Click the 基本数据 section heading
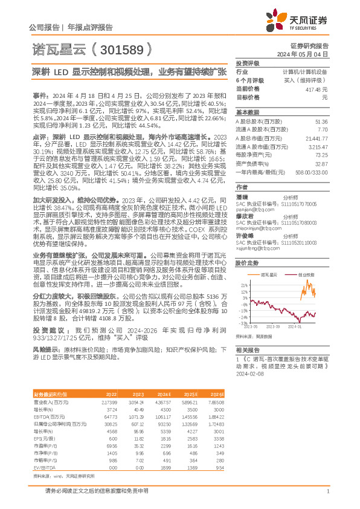247,112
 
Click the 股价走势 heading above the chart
247,264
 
